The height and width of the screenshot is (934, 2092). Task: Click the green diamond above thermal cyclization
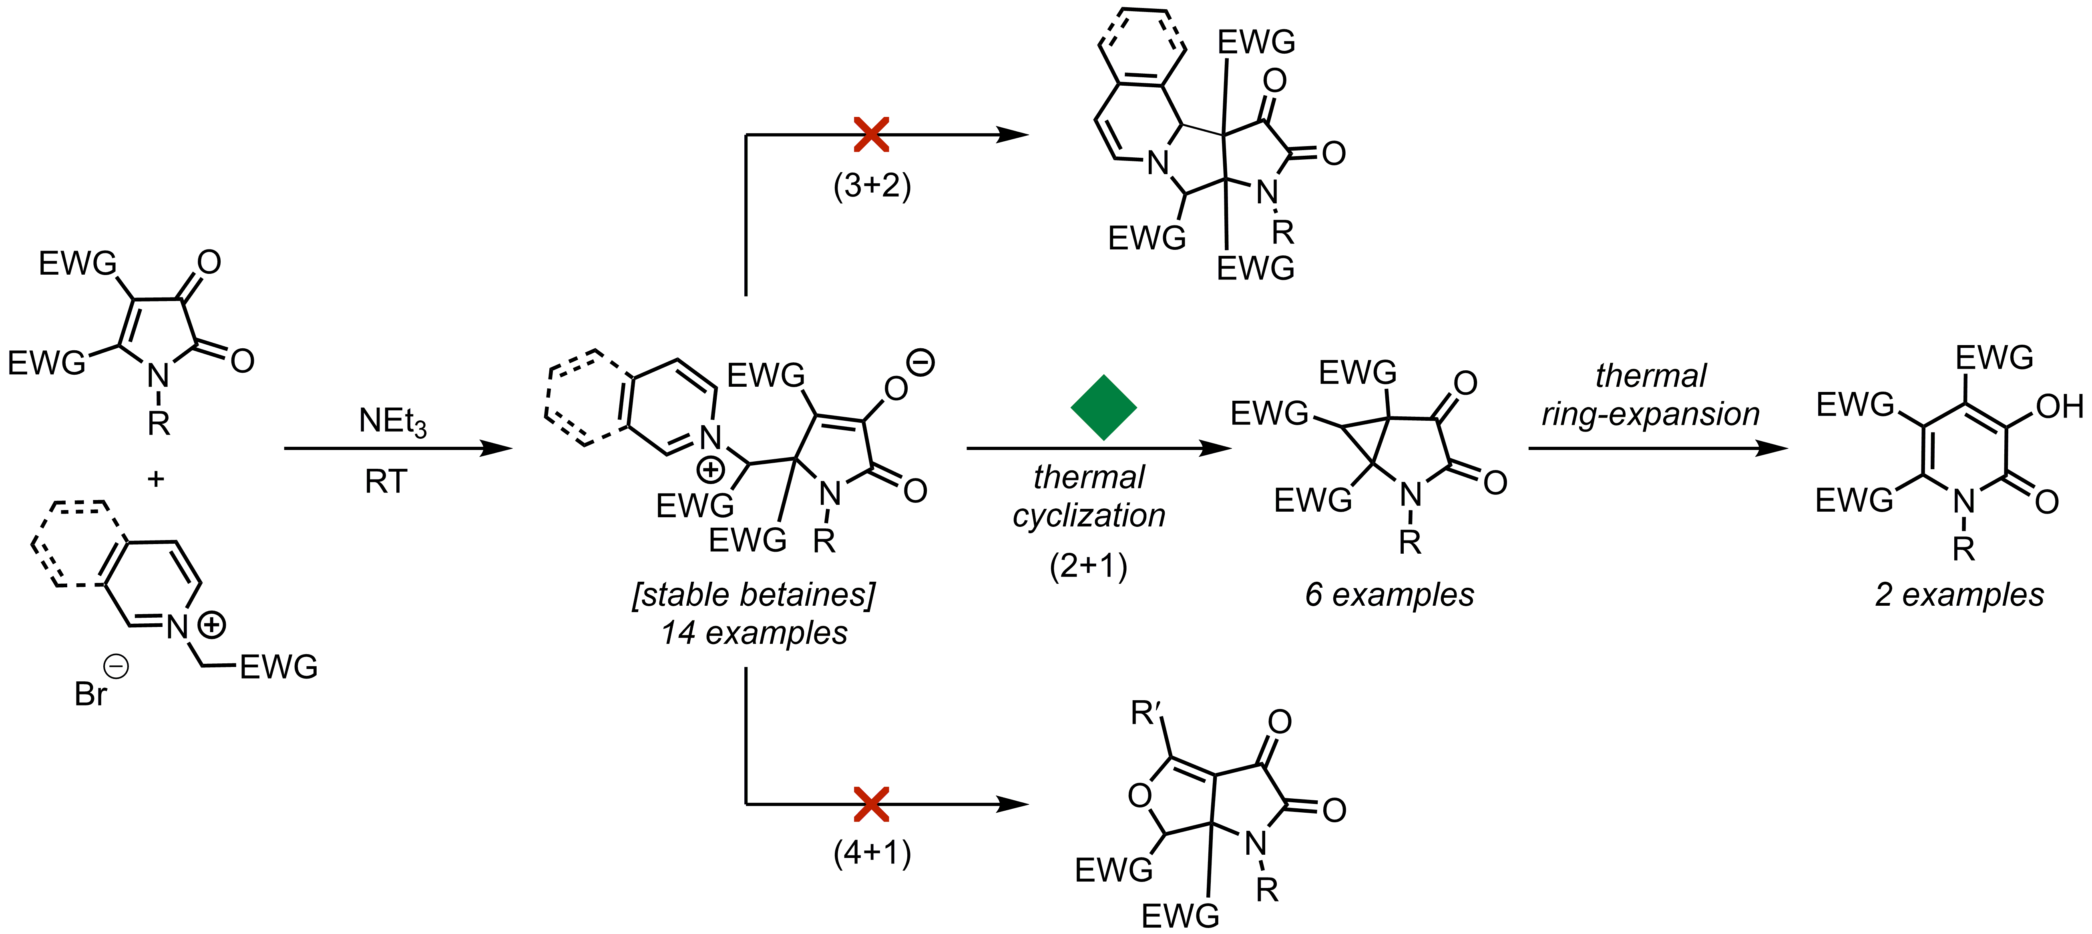pos(1103,408)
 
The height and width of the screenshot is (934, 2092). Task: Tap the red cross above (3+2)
pos(871,135)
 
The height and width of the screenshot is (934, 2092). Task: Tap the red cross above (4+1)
pos(871,804)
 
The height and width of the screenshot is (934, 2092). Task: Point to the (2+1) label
pos(1088,566)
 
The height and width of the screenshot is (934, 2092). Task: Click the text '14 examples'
pos(754,633)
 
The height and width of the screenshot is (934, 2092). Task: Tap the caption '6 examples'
pos(1389,595)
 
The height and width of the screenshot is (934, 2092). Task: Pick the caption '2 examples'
pos(1959,595)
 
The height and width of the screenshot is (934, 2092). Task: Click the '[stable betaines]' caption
pos(754,595)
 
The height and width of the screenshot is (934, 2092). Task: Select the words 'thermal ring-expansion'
pos(1650,395)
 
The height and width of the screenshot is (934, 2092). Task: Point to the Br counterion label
pos(91,694)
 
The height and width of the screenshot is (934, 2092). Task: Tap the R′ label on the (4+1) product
pos(1148,714)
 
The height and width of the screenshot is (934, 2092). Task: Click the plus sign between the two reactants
pos(155,479)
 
